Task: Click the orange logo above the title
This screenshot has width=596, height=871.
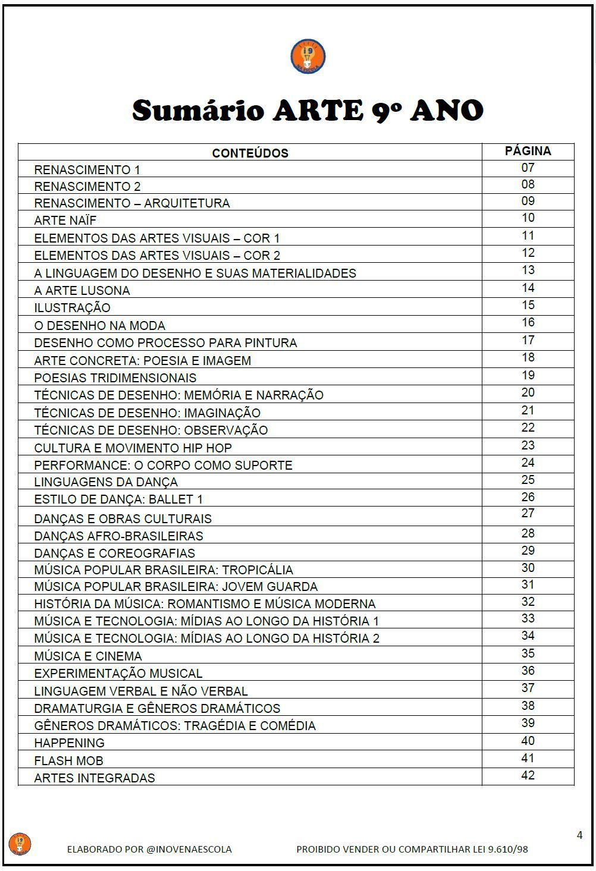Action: pyautogui.click(x=308, y=57)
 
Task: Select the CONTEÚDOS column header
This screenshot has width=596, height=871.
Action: pyautogui.click(x=250, y=153)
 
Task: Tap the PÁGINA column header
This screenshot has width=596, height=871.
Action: pyautogui.click(x=528, y=151)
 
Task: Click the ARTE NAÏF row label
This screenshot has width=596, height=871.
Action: pyautogui.click(x=65, y=221)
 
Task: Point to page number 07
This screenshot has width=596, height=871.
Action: pyautogui.click(x=528, y=168)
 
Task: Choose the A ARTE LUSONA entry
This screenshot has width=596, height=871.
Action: pyautogui.click(x=81, y=291)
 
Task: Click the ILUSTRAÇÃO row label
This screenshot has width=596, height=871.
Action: pyautogui.click(x=72, y=308)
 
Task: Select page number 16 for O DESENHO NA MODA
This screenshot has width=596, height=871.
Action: pyautogui.click(x=528, y=323)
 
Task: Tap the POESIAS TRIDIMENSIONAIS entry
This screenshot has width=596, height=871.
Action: pyautogui.click(x=115, y=378)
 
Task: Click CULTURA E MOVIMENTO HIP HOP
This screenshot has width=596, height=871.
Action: pyautogui.click(x=133, y=448)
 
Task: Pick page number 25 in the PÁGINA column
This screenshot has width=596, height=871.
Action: pyautogui.click(x=528, y=480)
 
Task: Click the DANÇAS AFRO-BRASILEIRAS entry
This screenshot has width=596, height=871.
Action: pyautogui.click(x=118, y=536)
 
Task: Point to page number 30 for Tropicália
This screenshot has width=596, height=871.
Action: pyautogui.click(x=528, y=568)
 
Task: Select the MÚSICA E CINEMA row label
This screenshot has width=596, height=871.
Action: pyautogui.click(x=88, y=656)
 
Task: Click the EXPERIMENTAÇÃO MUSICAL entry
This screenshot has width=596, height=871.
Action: pyautogui.click(x=118, y=674)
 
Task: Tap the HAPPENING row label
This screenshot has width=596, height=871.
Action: pyautogui.click(x=69, y=743)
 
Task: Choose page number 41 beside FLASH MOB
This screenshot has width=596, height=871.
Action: pyautogui.click(x=528, y=758)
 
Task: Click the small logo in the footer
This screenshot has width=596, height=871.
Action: pyautogui.click(x=20, y=844)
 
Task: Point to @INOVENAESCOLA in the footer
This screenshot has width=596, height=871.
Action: pyautogui.click(x=189, y=849)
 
